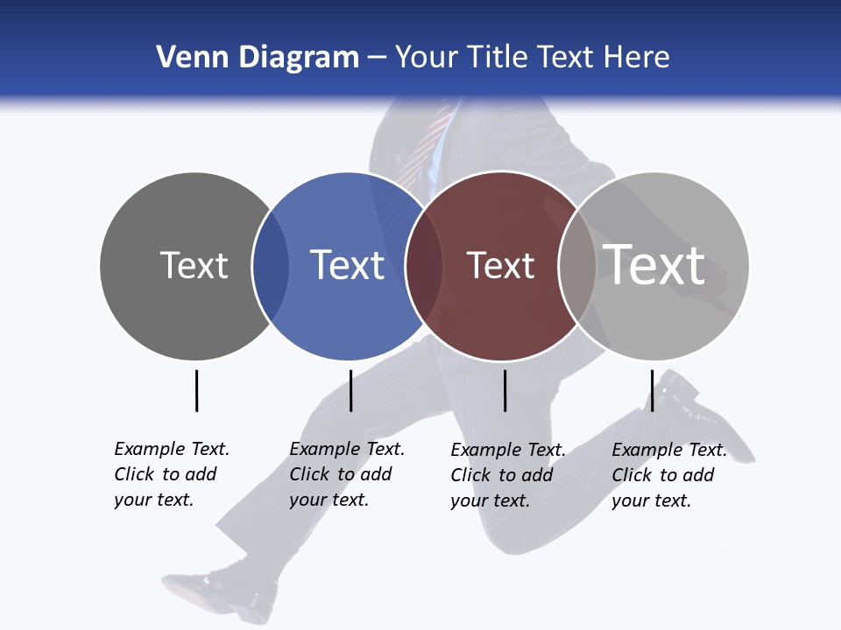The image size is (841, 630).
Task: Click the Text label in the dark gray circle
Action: (194, 265)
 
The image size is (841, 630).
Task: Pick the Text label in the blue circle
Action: (347, 265)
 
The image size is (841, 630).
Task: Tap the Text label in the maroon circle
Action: (500, 265)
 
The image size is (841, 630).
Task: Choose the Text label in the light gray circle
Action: (654, 264)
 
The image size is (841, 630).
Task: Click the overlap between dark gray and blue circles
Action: (271, 266)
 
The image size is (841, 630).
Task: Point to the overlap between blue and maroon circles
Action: (424, 266)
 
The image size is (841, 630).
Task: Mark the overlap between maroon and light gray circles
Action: (577, 266)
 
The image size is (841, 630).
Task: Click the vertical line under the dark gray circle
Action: (196, 390)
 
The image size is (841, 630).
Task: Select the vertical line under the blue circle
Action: (350, 390)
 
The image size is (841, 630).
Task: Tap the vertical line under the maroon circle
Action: (505, 390)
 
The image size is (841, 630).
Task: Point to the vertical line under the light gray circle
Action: (652, 390)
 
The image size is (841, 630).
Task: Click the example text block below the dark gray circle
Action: (171, 474)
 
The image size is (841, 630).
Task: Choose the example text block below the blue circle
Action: (346, 474)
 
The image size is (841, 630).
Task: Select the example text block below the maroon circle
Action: (507, 475)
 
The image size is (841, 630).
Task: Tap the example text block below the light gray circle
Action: (668, 475)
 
